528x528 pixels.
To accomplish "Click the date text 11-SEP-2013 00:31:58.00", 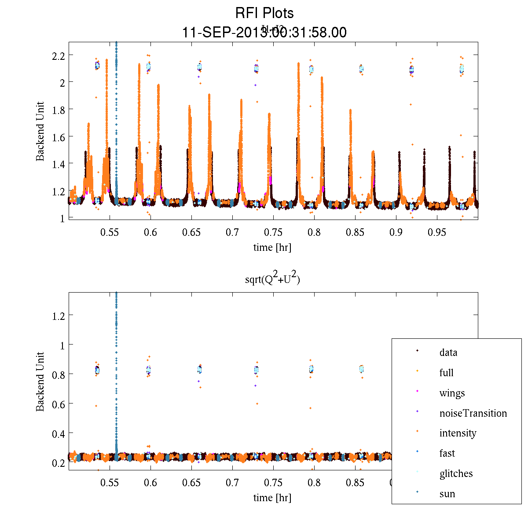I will tap(264, 33).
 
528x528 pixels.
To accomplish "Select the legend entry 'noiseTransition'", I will tap(473, 413).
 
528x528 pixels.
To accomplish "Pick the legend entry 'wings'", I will tap(452, 393).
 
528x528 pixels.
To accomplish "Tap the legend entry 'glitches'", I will tap(456, 473).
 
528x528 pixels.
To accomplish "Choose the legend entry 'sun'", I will tap(447, 494).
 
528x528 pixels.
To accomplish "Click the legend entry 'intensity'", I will tap(458, 433).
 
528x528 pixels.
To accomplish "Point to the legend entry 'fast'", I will tap(447, 453).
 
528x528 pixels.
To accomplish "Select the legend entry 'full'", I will tap(446, 373).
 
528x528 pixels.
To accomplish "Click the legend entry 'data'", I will tap(448, 352).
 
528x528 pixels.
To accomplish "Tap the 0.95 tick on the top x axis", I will tap(437, 232).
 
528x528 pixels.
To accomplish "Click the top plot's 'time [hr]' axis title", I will tap(272, 247).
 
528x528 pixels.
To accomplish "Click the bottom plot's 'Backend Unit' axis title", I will tap(40, 381).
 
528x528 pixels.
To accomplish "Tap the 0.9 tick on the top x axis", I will tap(396, 232).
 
